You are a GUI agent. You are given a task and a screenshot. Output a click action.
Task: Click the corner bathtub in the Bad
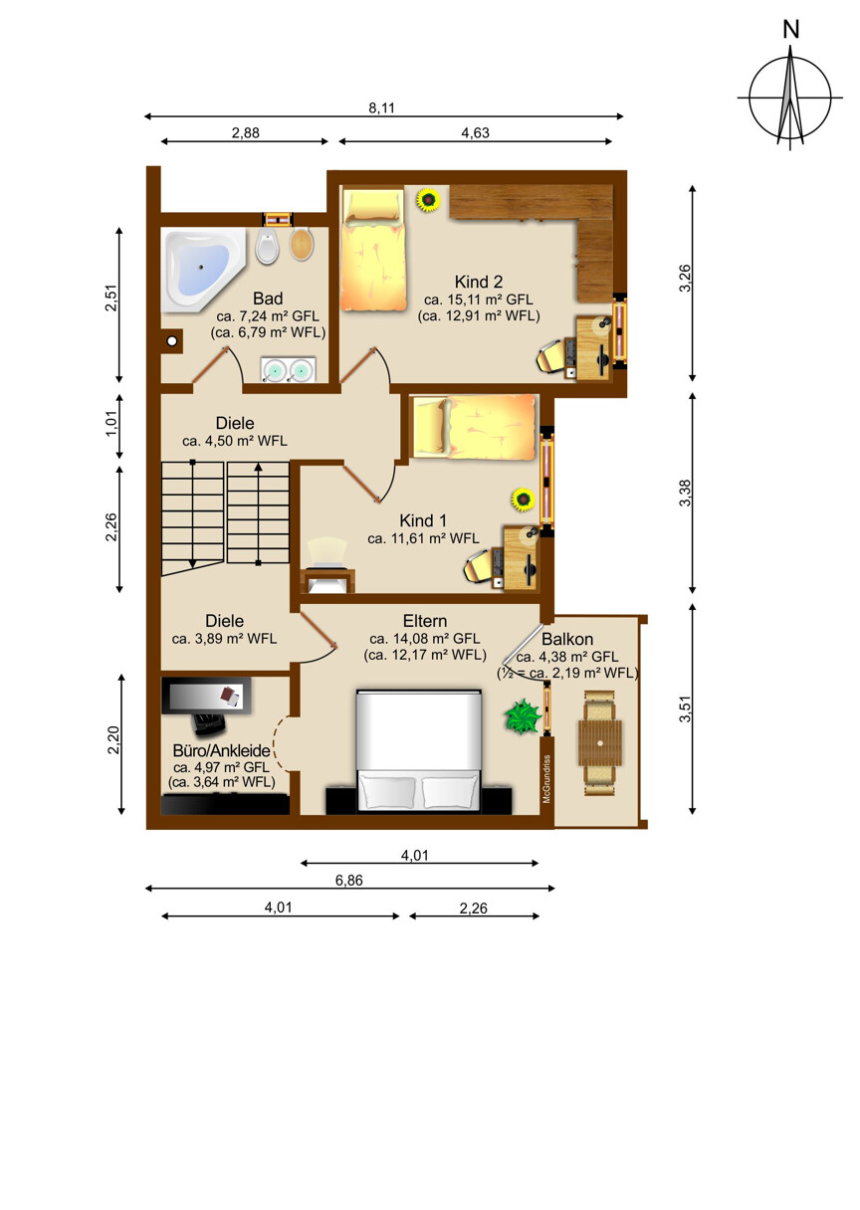pos(204,269)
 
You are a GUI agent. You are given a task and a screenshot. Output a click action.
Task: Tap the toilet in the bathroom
pos(267,245)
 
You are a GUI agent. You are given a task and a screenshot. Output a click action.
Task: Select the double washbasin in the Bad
pos(288,369)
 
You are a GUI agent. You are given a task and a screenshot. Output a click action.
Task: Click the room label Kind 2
pos(479,282)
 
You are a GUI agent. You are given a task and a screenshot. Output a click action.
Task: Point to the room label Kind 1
pos(423,520)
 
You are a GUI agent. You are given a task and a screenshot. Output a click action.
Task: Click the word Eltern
pos(425,621)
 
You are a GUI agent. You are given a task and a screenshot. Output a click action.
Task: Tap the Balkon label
pos(567,639)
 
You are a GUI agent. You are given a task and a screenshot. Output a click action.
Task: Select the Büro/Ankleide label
pos(222,750)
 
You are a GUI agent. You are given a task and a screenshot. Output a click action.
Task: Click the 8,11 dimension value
pos(382,108)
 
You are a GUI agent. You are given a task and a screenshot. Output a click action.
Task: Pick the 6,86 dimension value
pos(349,881)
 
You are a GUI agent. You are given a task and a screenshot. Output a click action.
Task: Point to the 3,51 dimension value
pos(685,709)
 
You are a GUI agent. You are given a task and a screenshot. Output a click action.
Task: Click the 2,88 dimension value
pos(246,133)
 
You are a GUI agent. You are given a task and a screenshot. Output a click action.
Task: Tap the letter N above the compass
pos(791,30)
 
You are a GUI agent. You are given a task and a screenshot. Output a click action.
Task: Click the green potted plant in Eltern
pos(523,716)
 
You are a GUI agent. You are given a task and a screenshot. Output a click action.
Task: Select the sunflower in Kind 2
pos(428,200)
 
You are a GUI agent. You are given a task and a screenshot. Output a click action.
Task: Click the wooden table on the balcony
pos(600,742)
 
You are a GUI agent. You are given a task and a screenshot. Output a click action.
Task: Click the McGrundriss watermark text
pos(546,779)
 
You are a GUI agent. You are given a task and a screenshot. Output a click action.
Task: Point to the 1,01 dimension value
pos(110,424)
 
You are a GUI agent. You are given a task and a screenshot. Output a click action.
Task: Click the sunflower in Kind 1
pos(523,500)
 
